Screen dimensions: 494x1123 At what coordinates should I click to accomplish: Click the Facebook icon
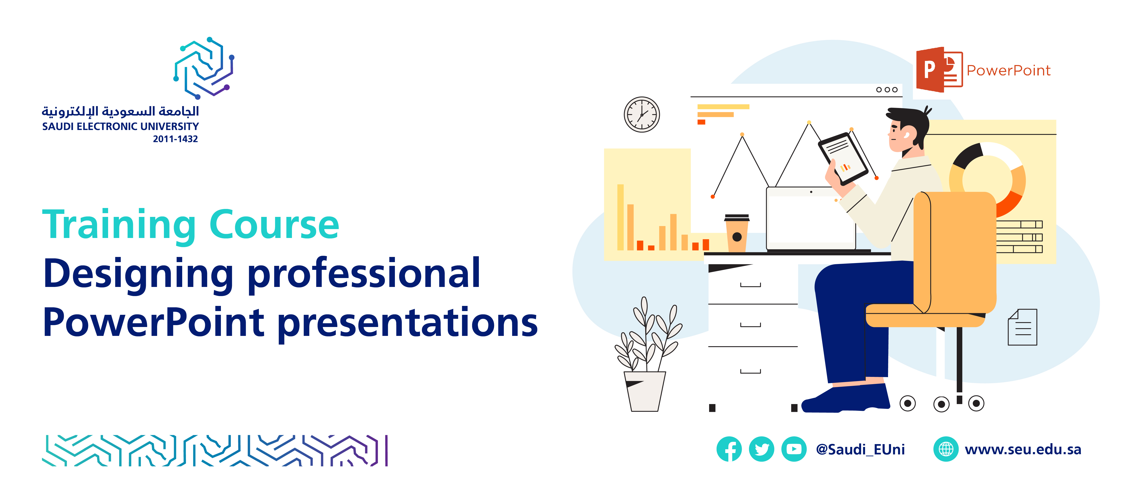point(729,449)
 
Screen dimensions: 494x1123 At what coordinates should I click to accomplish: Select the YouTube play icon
point(794,449)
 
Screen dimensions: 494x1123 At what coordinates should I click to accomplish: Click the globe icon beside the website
point(945,449)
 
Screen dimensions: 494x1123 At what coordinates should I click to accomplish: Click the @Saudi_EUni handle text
point(860,449)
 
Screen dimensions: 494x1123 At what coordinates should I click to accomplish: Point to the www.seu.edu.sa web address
point(1023,449)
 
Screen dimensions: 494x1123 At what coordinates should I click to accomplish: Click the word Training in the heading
point(119,225)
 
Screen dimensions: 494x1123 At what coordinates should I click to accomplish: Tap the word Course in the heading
point(274,225)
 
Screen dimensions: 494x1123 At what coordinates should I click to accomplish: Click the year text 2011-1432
point(175,139)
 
